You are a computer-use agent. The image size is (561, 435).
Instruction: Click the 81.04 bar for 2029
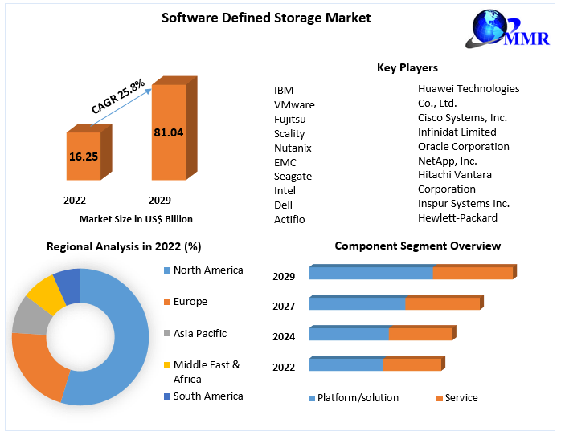click(x=169, y=132)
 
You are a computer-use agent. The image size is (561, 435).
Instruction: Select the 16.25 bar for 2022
click(x=84, y=157)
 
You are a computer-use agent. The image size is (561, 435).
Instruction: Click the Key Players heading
click(x=407, y=67)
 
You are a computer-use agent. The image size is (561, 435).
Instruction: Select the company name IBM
click(x=284, y=90)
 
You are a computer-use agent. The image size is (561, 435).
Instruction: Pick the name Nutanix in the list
click(x=293, y=148)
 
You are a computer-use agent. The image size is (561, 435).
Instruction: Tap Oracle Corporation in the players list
click(x=464, y=146)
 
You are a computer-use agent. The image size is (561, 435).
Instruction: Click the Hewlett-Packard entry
click(x=457, y=217)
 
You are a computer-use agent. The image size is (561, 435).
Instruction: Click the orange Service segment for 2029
click(x=473, y=274)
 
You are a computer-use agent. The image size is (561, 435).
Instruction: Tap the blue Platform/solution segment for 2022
click(x=346, y=365)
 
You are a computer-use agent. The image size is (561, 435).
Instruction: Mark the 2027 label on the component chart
click(x=284, y=306)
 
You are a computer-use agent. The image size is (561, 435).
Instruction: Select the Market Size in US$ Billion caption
click(x=136, y=218)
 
